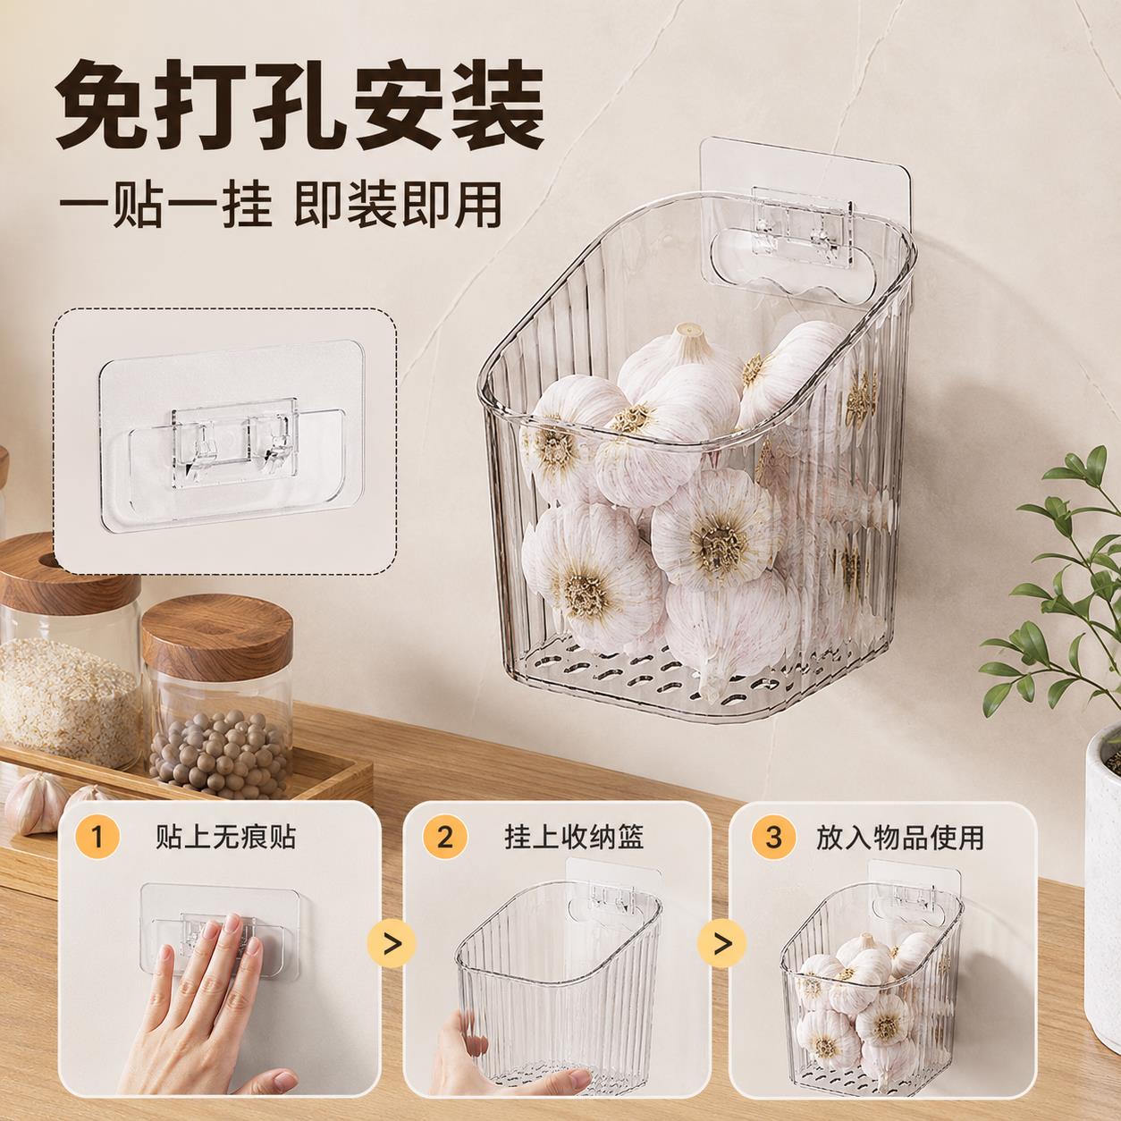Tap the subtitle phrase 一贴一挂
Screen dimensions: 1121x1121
coord(166,204)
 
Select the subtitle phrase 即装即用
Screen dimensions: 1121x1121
coord(398,204)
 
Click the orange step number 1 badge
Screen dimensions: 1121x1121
coord(97,837)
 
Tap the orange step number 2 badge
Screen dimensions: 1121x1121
coord(444,837)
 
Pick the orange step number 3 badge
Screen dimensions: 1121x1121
coord(773,837)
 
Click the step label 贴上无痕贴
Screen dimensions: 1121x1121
coord(225,837)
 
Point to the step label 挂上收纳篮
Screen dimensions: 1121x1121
coord(574,837)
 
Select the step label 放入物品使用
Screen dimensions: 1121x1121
coord(899,837)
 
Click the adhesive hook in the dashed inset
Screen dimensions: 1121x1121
coord(232,436)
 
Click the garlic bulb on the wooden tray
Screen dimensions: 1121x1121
coord(36,803)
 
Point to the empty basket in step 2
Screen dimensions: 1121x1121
coord(559,977)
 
